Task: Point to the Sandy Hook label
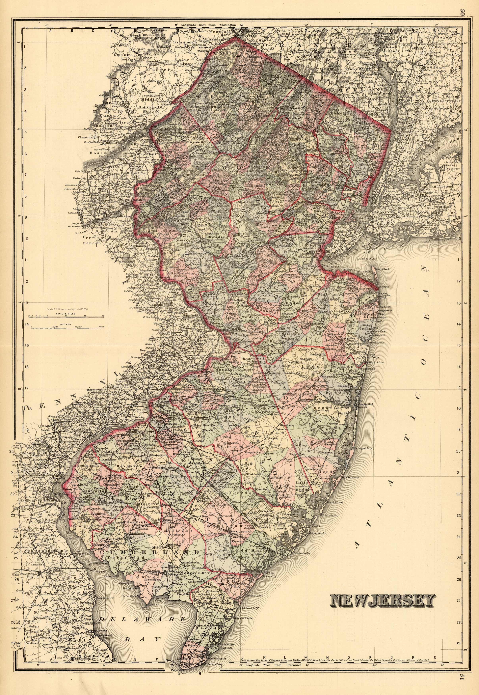[383, 270]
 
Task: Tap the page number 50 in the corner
[462, 12]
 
